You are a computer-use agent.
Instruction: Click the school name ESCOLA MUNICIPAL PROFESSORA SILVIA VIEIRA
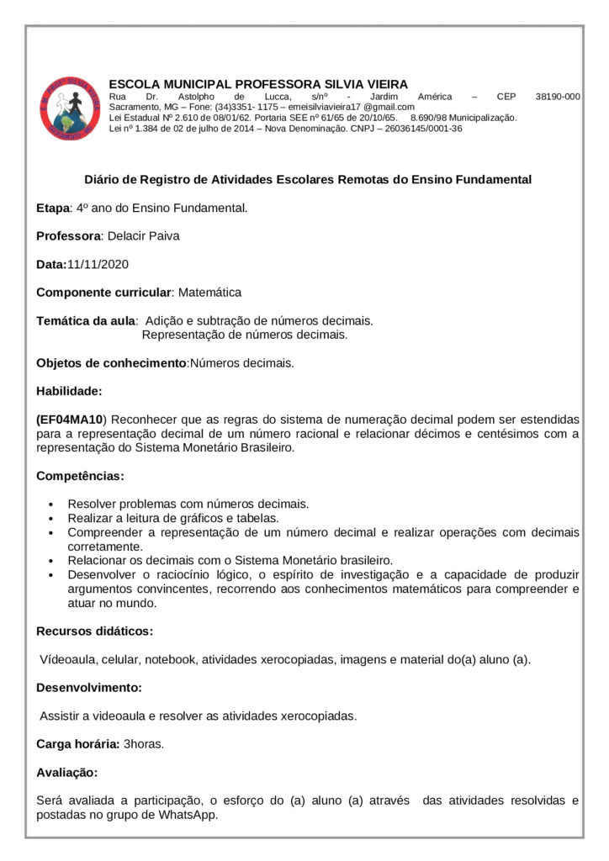[x=258, y=84]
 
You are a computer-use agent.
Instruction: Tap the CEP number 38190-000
[x=558, y=97]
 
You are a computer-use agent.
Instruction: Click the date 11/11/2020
[x=98, y=264]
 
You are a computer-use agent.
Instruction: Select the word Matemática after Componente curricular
[x=209, y=293]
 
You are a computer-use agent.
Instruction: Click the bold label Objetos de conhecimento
[x=110, y=363]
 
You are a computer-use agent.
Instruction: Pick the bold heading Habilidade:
[x=69, y=391]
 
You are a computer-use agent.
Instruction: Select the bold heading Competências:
[x=80, y=476]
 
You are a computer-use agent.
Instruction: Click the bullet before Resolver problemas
[x=52, y=504]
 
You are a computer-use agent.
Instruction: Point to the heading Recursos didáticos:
[x=94, y=631]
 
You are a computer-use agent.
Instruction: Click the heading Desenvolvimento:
[x=88, y=688]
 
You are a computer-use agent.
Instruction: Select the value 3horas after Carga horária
[x=144, y=744]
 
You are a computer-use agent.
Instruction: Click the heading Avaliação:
[x=66, y=772]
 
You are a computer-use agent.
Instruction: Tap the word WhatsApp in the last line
[x=191, y=815]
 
